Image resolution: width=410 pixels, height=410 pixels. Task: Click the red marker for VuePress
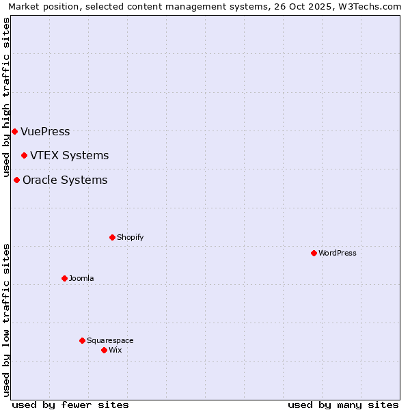pos(14,131)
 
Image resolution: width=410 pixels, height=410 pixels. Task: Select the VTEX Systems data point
pos(24,155)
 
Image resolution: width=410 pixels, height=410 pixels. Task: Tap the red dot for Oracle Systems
pos(16,180)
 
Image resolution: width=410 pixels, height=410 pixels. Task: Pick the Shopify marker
pos(112,237)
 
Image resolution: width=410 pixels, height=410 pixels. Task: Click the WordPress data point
pos(314,253)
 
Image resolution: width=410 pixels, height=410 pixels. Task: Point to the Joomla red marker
pos(64,278)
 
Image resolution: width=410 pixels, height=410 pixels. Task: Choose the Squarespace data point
pos(82,340)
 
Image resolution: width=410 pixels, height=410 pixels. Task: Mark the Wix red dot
pos(104,350)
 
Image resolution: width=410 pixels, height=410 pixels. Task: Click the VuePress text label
pos(45,132)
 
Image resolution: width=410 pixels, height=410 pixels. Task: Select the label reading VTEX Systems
pos(69,156)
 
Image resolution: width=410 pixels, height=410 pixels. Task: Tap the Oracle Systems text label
pos(65,180)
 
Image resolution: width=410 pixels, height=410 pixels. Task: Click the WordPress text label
pos(338,254)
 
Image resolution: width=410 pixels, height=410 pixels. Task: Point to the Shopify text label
pos(130,238)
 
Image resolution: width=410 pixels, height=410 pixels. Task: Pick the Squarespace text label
pos(110,341)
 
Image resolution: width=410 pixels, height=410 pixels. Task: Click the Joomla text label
pos(81,279)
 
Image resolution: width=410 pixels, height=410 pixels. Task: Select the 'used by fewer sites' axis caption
pos(70,405)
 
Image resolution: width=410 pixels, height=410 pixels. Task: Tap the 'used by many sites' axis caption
pos(343,405)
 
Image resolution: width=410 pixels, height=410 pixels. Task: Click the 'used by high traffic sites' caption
pos(7,97)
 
